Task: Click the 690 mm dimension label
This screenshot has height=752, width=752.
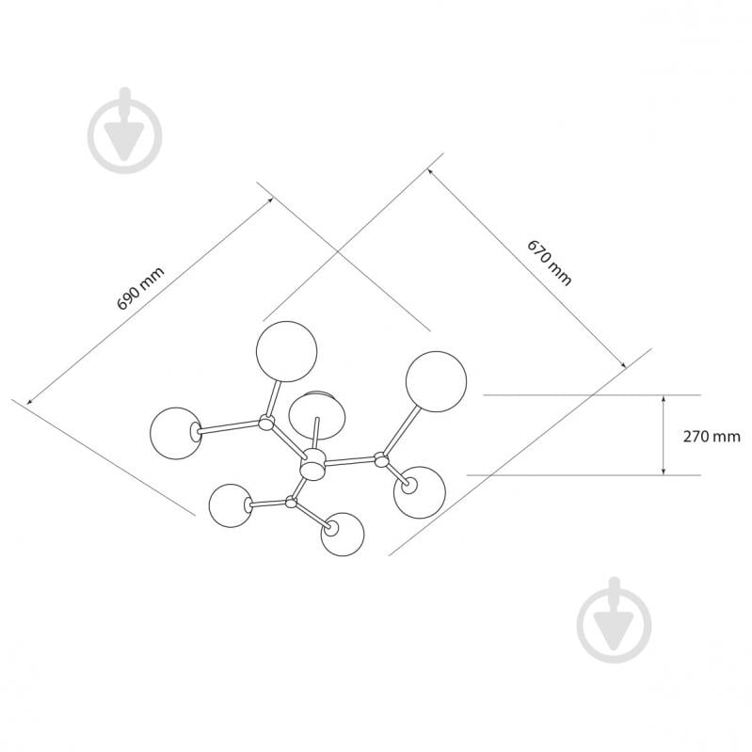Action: (141, 288)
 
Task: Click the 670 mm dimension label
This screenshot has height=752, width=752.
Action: (550, 263)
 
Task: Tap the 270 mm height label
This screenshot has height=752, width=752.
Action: (712, 437)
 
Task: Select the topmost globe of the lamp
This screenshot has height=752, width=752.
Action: (287, 352)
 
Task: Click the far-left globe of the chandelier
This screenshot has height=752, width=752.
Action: (176, 433)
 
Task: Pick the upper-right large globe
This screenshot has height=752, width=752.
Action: (436, 381)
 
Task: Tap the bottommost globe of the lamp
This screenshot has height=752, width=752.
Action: (343, 535)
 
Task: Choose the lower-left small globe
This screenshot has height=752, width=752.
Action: (231, 505)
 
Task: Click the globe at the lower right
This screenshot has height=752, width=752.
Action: (420, 492)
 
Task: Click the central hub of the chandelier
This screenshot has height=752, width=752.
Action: (312, 463)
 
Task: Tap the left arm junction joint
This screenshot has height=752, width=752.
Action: (266, 423)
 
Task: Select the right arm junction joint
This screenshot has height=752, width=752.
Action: (381, 459)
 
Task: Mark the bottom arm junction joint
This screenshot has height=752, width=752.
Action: (291, 503)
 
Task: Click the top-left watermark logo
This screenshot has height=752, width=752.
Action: (124, 131)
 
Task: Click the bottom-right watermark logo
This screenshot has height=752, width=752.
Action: (615, 619)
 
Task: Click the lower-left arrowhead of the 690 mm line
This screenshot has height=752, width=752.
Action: (30, 402)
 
